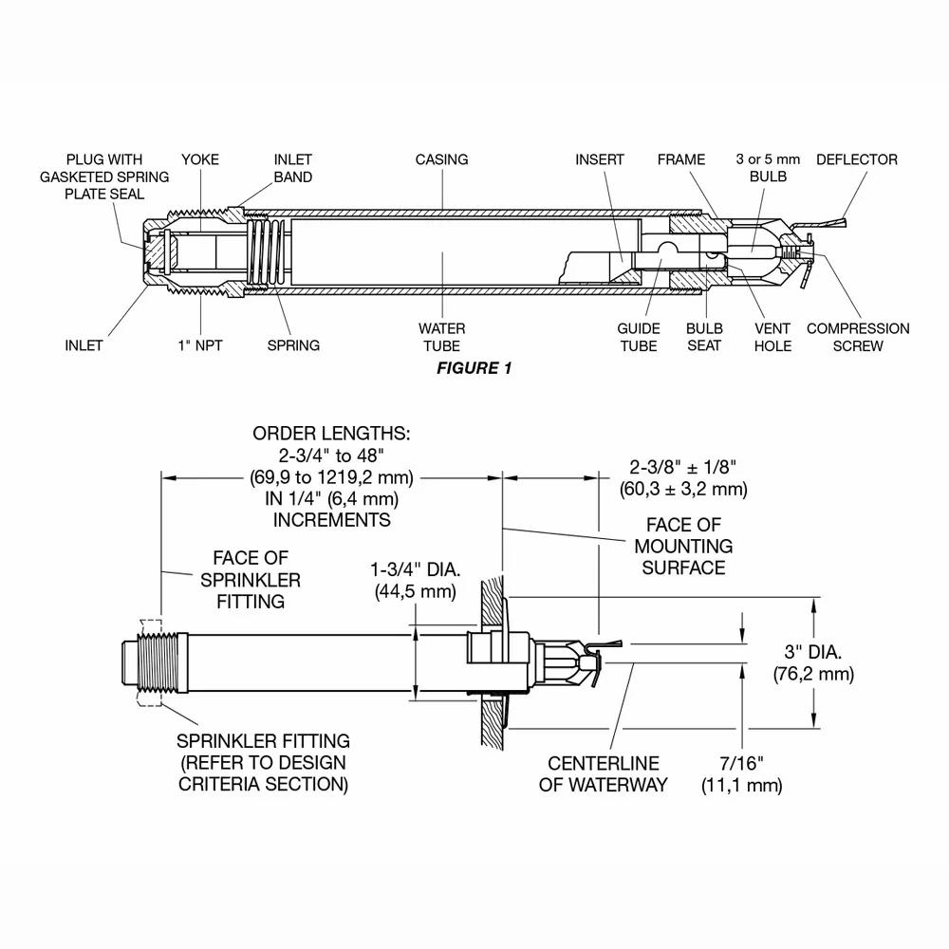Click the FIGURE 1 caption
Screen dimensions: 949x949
[474, 368]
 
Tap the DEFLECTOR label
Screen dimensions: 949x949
[856, 159]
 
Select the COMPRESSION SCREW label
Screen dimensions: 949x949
[857, 337]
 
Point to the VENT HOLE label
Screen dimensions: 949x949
[772, 337]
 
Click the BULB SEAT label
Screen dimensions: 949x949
[703, 337]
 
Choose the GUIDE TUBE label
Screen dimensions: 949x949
[638, 337]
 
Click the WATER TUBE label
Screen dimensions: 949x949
[441, 337]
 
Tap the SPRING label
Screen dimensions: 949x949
[293, 345]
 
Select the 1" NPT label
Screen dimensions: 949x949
[200, 345]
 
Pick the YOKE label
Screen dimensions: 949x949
[199, 159]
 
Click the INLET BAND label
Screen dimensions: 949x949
[292, 168]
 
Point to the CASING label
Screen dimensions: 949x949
[441, 159]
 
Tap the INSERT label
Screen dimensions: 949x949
[600, 159]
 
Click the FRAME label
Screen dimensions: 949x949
[681, 159]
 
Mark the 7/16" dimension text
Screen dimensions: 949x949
[741, 773]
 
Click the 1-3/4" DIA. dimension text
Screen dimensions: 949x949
[416, 581]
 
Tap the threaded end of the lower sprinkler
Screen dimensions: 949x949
[152, 662]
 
